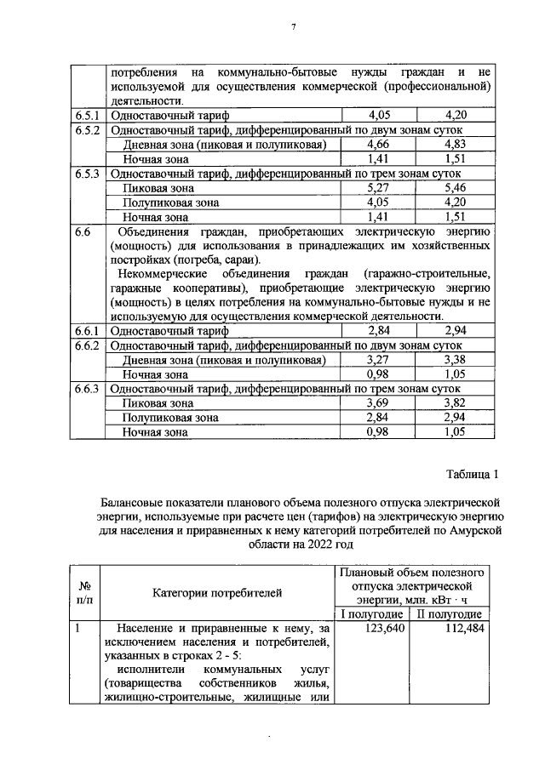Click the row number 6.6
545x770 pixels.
[x=83, y=231]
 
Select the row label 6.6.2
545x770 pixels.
[x=88, y=345]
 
